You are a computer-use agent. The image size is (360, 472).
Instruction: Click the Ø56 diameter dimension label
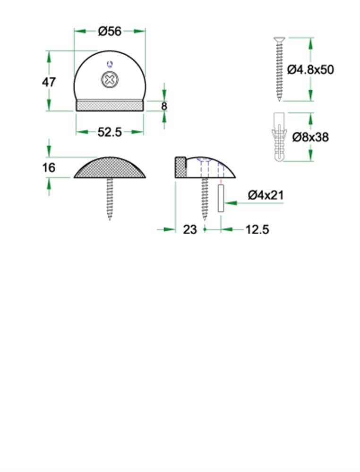tap(110, 31)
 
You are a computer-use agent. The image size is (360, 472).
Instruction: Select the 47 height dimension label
tap(49, 82)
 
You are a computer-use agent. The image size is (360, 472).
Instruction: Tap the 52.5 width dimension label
tap(110, 133)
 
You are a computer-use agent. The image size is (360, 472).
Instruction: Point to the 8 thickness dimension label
tap(164, 106)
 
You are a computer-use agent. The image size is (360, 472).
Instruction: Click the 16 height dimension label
tap(48, 168)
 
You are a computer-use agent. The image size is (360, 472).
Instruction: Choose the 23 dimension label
tap(189, 229)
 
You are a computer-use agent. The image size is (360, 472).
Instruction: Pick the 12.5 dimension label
tap(257, 229)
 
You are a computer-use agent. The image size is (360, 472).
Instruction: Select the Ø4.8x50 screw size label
tap(310, 69)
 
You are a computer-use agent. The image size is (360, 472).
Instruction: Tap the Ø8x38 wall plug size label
tap(310, 137)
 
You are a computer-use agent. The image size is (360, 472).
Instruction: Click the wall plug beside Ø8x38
tap(280, 137)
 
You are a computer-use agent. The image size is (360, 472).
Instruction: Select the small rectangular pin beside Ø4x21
tap(220, 198)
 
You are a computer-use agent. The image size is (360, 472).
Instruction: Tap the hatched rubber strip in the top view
tap(110, 105)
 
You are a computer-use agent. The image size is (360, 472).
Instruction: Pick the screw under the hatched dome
tap(110, 198)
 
